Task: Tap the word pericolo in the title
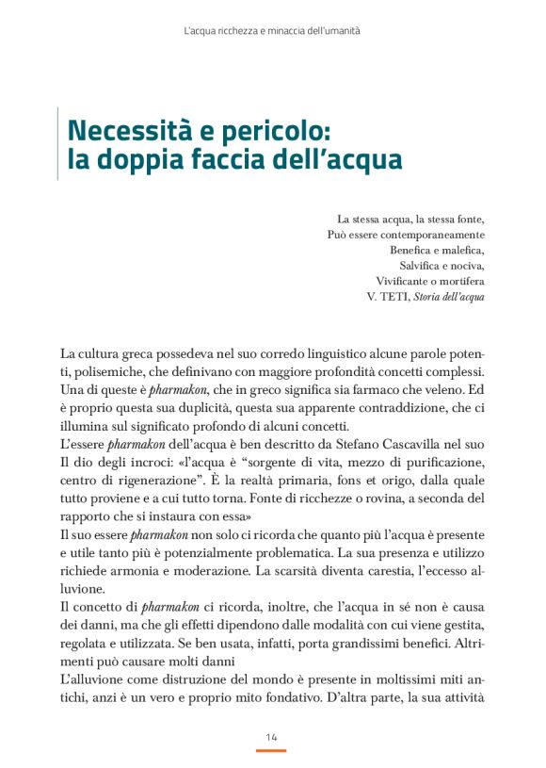click(264, 127)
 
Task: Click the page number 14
click(271, 736)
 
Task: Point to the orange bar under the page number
click(271, 750)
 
